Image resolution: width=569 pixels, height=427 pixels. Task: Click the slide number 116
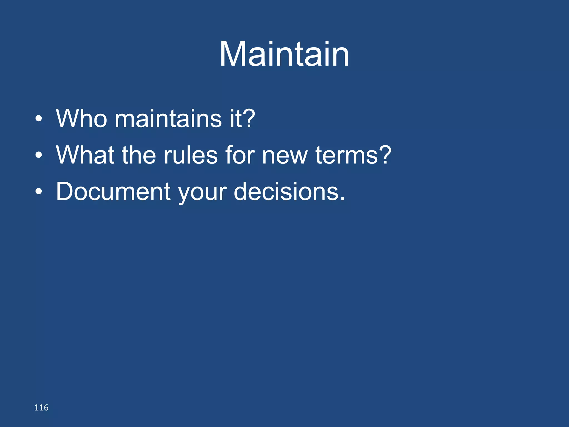coord(41,408)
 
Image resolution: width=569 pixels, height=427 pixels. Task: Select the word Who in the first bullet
coord(81,119)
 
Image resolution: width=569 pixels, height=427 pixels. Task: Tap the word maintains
coord(168,119)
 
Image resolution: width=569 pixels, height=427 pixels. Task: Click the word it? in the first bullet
coord(242,119)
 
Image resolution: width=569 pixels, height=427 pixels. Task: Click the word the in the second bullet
coord(139,155)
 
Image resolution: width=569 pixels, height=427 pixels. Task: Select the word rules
coord(191,155)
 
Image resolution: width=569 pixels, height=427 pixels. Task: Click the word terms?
coord(353,155)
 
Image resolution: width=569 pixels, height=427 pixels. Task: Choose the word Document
coord(113,192)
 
